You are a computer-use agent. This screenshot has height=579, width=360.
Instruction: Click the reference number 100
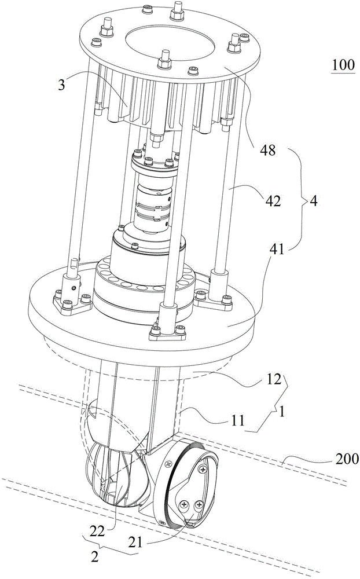(x=343, y=65)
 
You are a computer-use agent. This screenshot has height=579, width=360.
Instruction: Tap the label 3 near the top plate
(x=63, y=85)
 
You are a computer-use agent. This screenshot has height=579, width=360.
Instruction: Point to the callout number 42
(x=273, y=201)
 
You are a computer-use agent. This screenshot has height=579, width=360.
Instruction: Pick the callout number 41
(x=276, y=250)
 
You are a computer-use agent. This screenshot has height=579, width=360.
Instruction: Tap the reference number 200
(x=346, y=459)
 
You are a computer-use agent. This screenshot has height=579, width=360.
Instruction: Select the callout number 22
(x=97, y=532)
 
